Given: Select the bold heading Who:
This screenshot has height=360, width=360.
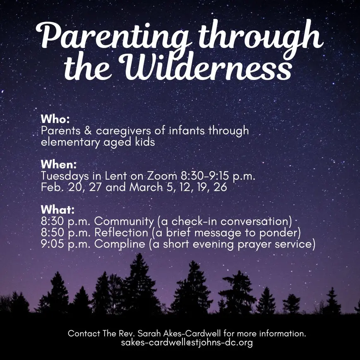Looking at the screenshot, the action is coord(55,119).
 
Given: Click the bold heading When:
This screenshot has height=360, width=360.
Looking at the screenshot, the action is coord(58,164).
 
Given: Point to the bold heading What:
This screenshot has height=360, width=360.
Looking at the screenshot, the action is coord(58,209).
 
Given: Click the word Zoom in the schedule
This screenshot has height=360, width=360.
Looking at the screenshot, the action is coord(162,176).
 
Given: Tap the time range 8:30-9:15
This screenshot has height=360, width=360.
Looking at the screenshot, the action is coord(205,176).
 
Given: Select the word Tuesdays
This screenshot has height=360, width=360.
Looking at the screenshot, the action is coord(65,177).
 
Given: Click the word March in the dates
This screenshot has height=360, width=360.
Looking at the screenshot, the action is coord(146,187).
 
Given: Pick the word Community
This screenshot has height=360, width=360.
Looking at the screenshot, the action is coord(124,221).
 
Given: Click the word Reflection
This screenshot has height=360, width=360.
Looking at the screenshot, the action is coord(121,233).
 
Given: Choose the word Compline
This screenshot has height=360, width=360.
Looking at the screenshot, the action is coord(120,244).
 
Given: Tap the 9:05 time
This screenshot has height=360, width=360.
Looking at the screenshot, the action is coord(52,244).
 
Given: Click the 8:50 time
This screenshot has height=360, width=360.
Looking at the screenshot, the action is coord(52,233).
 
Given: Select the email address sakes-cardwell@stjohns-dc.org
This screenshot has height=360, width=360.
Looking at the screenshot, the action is coord(187,342).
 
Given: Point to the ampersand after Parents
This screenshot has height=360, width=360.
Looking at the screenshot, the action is coord(88,131).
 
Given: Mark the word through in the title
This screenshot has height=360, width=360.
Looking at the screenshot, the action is coord(260,36).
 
